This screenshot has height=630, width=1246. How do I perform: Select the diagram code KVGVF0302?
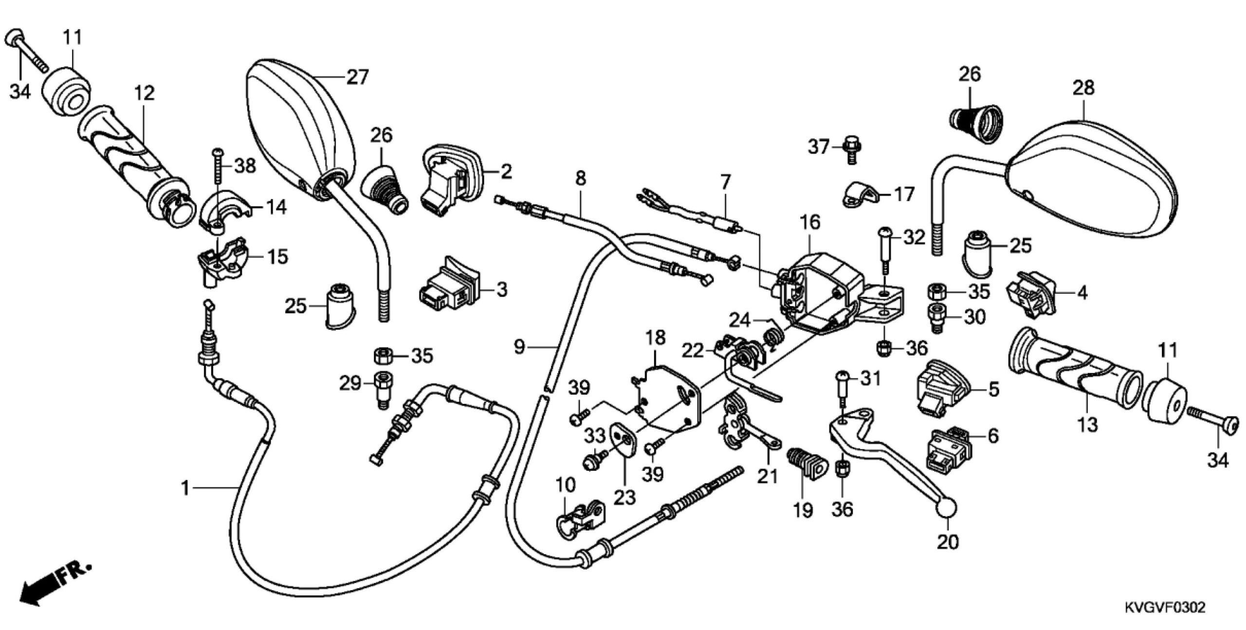[x=1163, y=608]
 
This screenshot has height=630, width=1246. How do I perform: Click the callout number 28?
[x=1083, y=88]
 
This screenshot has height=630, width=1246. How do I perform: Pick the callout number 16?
[x=810, y=222]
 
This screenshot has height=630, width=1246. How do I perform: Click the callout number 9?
[x=520, y=347]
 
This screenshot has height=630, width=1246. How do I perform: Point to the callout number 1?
[x=185, y=487]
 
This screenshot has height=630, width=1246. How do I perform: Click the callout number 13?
[x=1087, y=425]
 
